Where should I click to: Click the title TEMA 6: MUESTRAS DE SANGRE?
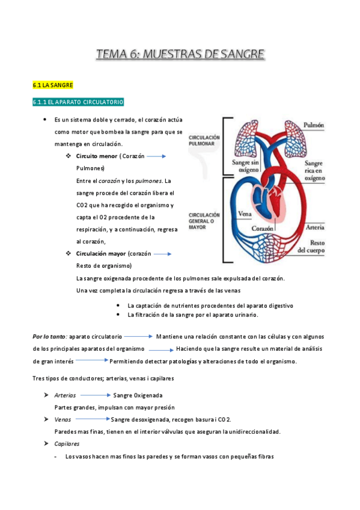point(180,56)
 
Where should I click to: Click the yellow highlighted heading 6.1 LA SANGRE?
point(53,86)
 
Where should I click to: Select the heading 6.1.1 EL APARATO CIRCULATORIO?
point(78,103)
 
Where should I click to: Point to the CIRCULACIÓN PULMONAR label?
point(204,141)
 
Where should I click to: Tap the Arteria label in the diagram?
point(315,227)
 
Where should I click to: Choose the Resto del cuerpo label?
point(311,245)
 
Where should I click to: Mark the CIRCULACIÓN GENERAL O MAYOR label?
point(204,221)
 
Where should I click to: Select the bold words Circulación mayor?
point(101,254)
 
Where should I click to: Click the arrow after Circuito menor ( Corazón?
point(156,156)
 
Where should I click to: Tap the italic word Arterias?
point(65,396)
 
